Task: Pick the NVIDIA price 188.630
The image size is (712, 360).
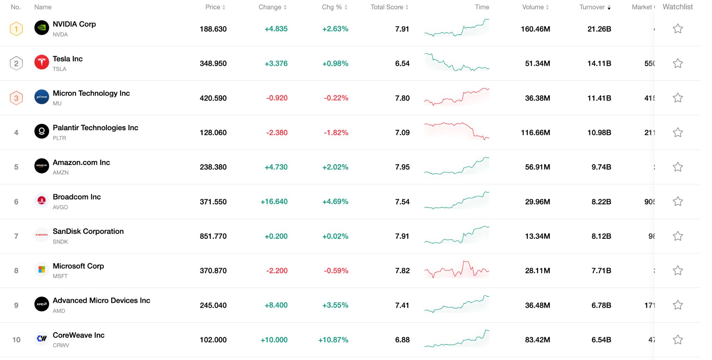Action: pos(213,29)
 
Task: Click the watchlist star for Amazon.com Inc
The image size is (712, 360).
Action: pos(678,167)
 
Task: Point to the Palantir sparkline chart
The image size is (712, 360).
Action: pos(456,131)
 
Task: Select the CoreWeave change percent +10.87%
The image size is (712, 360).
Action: pos(333,340)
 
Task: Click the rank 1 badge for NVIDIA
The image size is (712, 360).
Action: pos(16,29)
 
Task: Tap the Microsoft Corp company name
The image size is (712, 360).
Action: pos(78,266)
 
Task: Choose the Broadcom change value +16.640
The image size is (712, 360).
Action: pos(274,202)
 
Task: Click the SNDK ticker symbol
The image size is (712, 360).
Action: pos(60,242)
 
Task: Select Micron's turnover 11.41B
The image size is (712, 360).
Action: pos(599,98)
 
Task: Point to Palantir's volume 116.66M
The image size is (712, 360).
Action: pos(535,133)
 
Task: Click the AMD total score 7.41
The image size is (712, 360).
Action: pos(402,305)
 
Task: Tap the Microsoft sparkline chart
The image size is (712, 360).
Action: pos(456,270)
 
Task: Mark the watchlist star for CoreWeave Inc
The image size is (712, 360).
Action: pos(678,339)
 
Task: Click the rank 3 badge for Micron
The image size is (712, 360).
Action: pos(16,98)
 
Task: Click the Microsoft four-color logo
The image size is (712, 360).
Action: pos(42,269)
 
